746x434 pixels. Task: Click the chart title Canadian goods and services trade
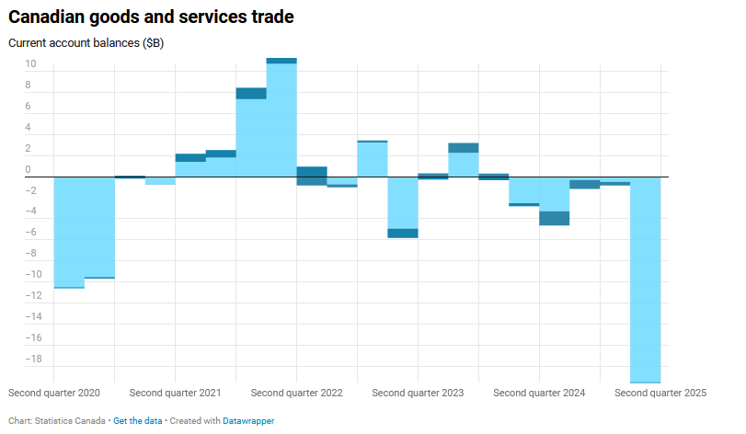[151, 17]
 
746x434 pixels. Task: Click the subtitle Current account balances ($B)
[86, 43]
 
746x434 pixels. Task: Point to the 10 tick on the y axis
[30, 64]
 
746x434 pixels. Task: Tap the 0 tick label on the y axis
[29, 169]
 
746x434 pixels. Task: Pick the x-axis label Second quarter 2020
[53, 393]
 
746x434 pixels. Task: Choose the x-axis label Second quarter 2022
[296, 393]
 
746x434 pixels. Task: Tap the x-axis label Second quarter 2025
[660, 393]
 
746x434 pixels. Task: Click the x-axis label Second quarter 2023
[418, 393]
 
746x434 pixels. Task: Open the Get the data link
[138, 420]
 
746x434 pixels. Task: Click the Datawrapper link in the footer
[248, 420]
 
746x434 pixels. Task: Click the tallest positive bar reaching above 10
[281, 120]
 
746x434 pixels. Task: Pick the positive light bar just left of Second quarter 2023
[372, 159]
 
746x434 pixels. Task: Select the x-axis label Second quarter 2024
[539, 393]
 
